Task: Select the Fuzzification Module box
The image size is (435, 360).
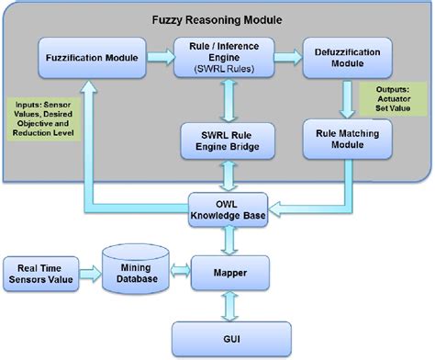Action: point(93,58)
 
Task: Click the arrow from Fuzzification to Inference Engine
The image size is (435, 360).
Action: point(162,58)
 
